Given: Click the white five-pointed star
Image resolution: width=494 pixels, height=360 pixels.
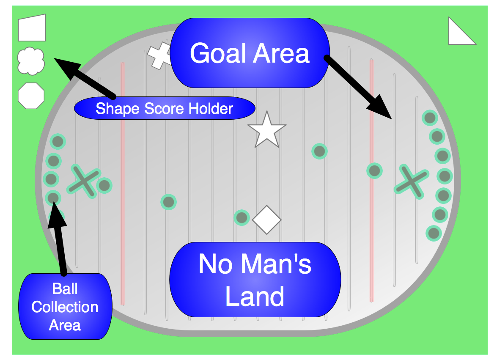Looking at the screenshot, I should point(267,130).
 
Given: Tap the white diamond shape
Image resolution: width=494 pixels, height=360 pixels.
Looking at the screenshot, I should point(267,220).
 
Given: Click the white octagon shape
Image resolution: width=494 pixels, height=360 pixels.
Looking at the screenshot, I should point(31,96).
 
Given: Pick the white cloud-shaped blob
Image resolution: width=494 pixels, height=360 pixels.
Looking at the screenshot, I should point(31,61).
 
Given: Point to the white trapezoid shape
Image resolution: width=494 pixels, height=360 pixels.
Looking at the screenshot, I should point(32,28).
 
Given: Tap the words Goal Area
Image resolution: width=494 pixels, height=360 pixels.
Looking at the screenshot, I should point(250,53).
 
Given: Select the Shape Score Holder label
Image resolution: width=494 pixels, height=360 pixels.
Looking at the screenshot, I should point(165,109).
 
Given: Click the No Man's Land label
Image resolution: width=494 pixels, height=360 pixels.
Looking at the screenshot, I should point(255,280).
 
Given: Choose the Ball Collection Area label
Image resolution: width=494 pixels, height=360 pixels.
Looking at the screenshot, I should point(65,307).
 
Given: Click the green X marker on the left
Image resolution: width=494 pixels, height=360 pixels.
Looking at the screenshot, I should point(84,181).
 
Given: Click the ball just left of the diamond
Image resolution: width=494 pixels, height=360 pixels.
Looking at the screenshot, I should point(242,218).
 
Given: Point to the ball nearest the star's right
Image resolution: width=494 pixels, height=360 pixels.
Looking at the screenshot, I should point(319,151).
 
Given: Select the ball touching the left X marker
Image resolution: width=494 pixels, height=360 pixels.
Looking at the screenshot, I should point(104,185).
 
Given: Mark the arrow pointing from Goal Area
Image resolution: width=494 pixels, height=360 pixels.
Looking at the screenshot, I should point(360,87).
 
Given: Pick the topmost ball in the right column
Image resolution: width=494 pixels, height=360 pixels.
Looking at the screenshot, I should point(430,118).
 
